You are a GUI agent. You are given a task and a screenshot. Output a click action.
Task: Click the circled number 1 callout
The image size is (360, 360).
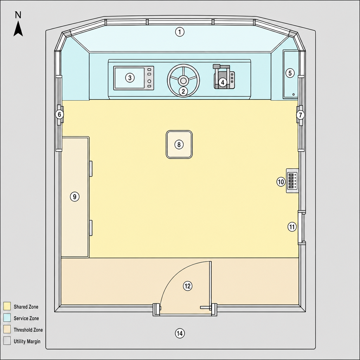coord(180,32)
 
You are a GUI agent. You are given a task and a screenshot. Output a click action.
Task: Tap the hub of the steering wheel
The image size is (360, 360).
coord(183,81)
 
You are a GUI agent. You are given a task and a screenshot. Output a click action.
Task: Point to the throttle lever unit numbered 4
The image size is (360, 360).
coord(224,77)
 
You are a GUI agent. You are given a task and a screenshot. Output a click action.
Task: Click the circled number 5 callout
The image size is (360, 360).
coord(290,73)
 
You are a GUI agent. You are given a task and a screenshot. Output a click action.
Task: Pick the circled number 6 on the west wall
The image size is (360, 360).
coord(59,114)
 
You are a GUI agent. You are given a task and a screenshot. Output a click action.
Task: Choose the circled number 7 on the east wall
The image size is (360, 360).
coord(301,115)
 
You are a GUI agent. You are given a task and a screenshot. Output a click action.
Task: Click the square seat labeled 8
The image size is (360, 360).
coord(179,144)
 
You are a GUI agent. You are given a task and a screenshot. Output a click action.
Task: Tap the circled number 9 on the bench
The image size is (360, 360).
coord(75,197)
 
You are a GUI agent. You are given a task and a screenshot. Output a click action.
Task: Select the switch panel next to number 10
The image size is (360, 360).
coord(292,181)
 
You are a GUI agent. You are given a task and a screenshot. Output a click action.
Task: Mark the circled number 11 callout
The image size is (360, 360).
coord(292,227)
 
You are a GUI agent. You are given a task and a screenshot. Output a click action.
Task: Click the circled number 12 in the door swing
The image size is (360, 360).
coord(188,286)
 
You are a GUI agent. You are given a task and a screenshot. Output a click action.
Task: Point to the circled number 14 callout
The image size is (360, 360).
coord(180,333)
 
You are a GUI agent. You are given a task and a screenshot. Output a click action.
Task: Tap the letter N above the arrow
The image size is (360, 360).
coord(18,15)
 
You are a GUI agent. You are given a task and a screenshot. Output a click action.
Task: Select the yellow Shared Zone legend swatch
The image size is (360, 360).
coord(7,306)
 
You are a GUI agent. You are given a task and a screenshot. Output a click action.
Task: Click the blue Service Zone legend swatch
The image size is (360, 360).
coord(7,318)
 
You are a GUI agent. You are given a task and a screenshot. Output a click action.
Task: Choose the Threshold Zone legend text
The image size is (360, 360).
coord(28,330)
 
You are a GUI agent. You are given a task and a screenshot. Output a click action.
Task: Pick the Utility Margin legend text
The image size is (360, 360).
coord(27,341)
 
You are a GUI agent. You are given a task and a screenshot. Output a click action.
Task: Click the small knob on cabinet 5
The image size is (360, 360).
coord(294,94)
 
